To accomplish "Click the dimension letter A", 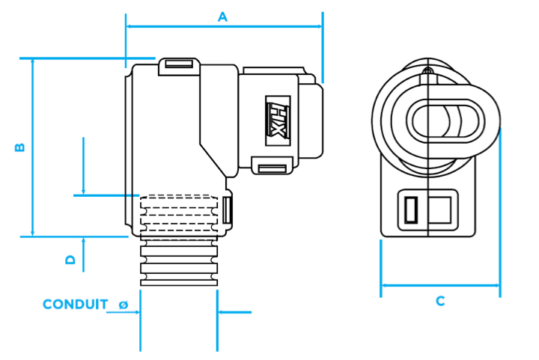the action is coord(223,16).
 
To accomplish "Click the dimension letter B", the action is coord(19,147).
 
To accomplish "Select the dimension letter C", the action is coord(440,301).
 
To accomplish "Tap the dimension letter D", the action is coord(70,260).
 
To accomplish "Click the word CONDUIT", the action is coord(76,304).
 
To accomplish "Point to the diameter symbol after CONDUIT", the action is coord(124,305).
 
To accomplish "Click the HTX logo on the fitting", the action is coord(278,120).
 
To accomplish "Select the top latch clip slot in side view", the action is coord(179,64).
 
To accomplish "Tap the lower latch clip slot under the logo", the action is coord(272,168).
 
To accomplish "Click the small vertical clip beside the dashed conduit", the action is coord(227,210).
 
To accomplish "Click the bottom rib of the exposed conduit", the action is coord(179,283).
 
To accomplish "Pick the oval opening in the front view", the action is coord(445,121).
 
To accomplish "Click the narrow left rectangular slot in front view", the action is coord(411,210).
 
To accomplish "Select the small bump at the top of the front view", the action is coord(427,70).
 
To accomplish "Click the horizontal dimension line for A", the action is coord(224,26).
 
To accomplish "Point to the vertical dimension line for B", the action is coord(33,147).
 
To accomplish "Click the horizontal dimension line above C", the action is coord(440,285).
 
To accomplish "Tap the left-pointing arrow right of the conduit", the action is coord(235,312).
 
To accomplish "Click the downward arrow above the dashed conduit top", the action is coord(83,166).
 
